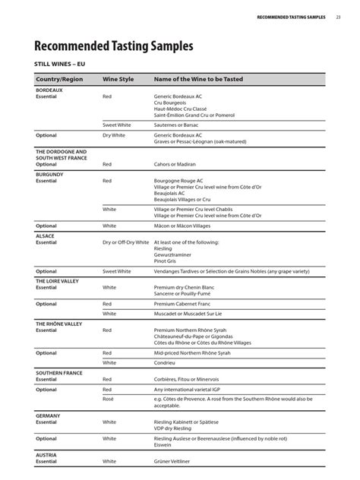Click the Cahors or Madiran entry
coord(177,163)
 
